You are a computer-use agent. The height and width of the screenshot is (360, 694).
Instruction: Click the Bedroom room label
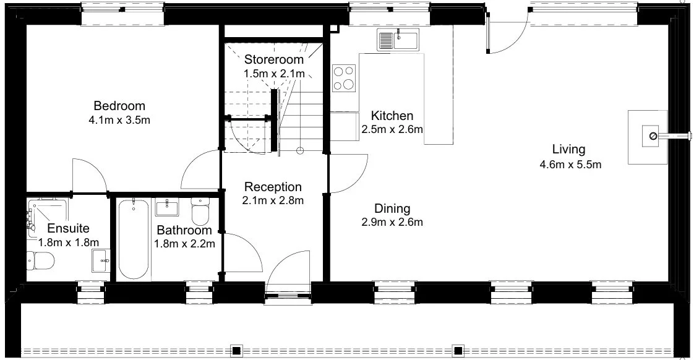point(119,106)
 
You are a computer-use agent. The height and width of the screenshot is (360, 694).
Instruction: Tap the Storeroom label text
point(274,59)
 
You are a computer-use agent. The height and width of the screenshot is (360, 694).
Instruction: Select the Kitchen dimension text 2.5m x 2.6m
point(392,129)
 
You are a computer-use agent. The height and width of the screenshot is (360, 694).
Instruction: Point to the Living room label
point(568,150)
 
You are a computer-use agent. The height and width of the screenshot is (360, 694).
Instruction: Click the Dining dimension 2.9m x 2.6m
point(392,222)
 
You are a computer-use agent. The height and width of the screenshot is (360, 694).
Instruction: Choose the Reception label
point(273,187)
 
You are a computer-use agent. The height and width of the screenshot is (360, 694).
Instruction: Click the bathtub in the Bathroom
point(133,239)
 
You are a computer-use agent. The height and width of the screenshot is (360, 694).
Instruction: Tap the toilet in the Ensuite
point(40,260)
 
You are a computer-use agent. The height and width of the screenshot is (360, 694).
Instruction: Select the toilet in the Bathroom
point(200,211)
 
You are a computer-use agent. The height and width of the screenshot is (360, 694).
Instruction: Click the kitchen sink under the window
point(398,40)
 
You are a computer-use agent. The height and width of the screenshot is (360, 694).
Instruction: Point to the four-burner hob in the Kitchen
point(344,78)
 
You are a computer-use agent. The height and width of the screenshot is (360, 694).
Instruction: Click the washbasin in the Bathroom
point(167,207)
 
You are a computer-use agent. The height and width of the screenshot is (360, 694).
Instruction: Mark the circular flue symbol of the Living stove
point(653,136)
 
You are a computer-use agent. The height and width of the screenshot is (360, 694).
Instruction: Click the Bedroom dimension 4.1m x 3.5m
point(119,120)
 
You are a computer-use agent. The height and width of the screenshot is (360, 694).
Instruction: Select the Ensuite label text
point(68,228)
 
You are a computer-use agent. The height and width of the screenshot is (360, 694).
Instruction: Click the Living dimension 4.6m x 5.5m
point(570,165)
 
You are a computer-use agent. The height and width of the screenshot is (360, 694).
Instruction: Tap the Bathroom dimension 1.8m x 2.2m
point(184,244)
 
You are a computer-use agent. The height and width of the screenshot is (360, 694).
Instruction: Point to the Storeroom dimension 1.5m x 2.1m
point(274,74)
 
